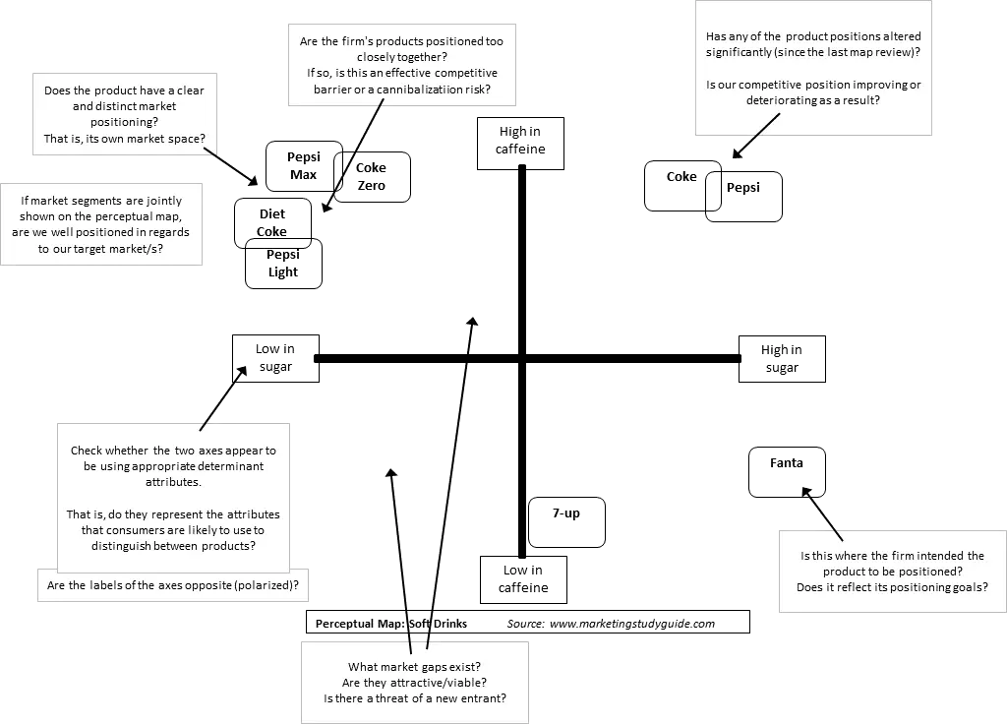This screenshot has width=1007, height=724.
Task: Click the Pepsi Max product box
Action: tap(304, 165)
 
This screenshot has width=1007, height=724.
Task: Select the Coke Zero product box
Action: tap(372, 177)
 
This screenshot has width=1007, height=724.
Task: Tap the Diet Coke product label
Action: tap(272, 223)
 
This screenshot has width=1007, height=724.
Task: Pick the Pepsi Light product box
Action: tap(283, 264)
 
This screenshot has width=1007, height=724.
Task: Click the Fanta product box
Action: tap(787, 472)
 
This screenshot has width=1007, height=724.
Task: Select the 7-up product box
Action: tap(566, 522)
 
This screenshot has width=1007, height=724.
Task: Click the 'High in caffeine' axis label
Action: tap(520, 144)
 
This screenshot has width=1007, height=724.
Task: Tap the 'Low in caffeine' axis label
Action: tap(523, 579)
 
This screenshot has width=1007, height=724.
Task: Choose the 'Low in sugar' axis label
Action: tap(275, 358)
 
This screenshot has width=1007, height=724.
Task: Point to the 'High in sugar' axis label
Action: tap(782, 359)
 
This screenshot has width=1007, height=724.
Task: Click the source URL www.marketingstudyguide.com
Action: tap(632, 624)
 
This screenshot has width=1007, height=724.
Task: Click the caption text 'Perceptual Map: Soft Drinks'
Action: tap(391, 624)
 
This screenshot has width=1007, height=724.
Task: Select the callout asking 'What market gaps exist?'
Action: tap(415, 683)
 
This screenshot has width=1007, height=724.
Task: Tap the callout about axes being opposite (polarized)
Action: tap(173, 585)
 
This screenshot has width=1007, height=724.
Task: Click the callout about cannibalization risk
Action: tap(402, 65)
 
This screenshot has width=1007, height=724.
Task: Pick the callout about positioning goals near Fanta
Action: tap(893, 572)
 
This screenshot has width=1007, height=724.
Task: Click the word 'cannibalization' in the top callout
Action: tap(420, 90)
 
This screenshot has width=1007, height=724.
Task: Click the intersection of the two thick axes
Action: tap(522, 358)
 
